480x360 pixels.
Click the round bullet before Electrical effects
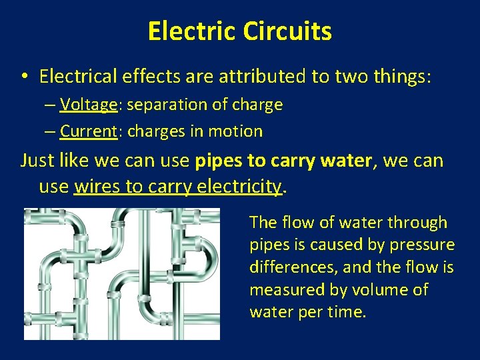(x=23, y=77)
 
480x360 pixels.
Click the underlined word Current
(x=88, y=131)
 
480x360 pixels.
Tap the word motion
(x=235, y=131)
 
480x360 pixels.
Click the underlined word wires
(x=95, y=187)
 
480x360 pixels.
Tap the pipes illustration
(x=122, y=273)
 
